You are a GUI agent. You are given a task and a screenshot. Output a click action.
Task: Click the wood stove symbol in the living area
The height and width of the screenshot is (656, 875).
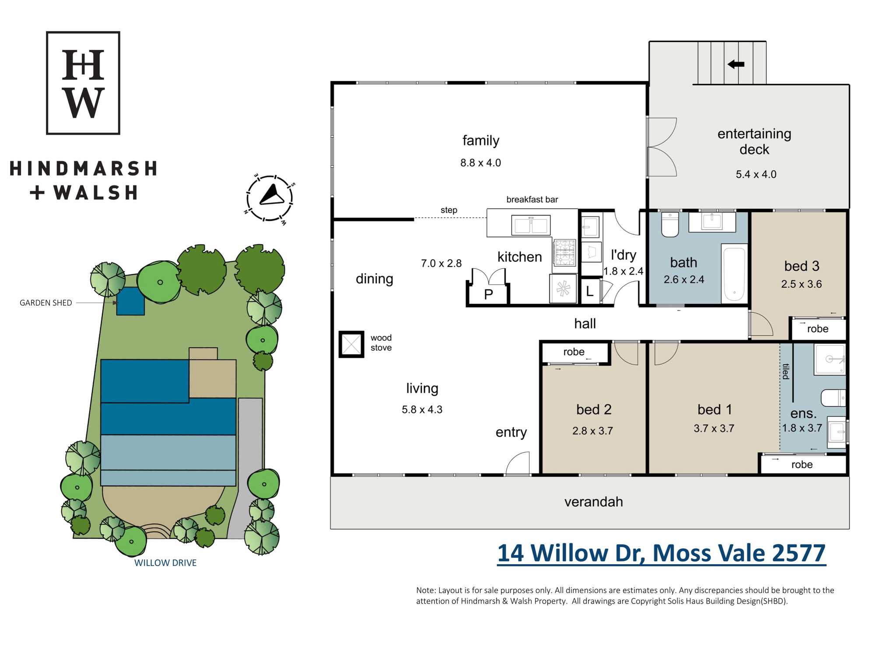point(351,344)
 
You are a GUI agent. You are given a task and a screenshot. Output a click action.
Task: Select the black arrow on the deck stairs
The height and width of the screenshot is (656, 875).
point(736,64)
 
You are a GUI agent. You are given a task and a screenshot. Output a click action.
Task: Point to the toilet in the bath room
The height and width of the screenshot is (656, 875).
point(670,224)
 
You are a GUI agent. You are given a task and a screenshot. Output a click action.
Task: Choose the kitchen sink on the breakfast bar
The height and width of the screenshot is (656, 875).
point(531,226)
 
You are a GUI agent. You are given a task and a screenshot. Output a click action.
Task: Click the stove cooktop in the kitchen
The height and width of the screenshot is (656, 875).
point(565,252)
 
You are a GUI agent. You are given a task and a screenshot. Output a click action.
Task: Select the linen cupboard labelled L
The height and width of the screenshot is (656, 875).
point(590,291)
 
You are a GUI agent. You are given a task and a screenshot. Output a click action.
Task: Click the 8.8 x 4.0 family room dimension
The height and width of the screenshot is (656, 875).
point(480,163)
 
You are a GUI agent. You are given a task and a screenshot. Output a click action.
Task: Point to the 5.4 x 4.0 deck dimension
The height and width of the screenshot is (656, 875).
point(756,174)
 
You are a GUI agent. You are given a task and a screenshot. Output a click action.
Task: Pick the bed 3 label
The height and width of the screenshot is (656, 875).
point(801,266)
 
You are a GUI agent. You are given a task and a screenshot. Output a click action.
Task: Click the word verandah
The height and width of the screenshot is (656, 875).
point(594,502)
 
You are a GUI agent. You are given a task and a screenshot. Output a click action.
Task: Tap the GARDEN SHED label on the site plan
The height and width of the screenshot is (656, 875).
point(46,303)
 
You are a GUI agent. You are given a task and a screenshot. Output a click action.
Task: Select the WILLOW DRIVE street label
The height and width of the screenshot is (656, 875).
point(165,563)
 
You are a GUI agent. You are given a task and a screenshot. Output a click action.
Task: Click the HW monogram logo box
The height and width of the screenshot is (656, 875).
point(83,83)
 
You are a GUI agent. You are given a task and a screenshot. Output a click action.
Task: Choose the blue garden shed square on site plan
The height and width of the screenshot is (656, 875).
point(130,301)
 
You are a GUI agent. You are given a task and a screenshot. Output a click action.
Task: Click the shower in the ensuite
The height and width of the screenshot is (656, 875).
point(829,359)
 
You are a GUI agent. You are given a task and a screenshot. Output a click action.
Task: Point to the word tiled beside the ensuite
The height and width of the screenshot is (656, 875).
point(786,371)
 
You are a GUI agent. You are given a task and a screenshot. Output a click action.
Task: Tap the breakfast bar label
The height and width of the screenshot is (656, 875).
point(532,199)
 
